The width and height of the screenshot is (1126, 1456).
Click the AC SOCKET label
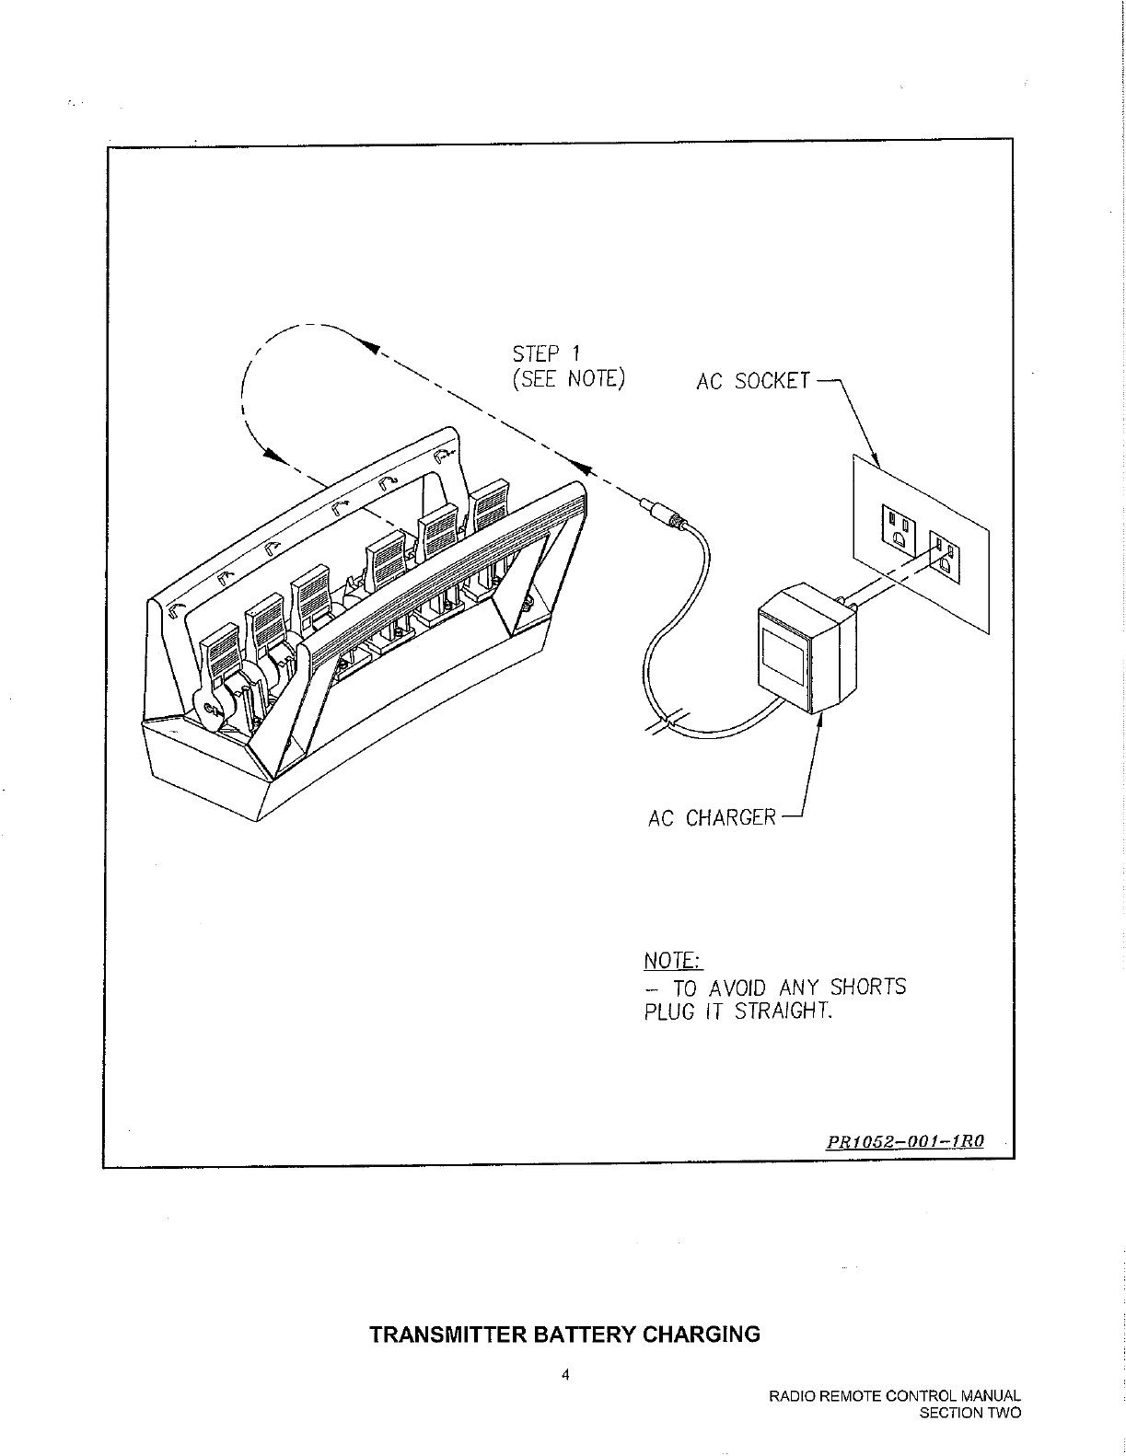pyautogui.click(x=754, y=380)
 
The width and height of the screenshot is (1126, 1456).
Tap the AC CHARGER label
pyautogui.click(x=712, y=817)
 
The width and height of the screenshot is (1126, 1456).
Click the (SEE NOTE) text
pyautogui.click(x=569, y=379)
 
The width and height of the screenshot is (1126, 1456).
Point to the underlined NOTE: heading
pyautogui.click(x=673, y=962)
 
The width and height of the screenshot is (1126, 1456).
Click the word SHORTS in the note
pyautogui.click(x=867, y=988)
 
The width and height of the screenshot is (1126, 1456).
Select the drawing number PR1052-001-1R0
pyautogui.click(x=905, y=1141)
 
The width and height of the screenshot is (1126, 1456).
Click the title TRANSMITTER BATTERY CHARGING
pyautogui.click(x=564, y=1335)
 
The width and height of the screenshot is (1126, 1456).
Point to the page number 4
pyautogui.click(x=565, y=1376)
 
